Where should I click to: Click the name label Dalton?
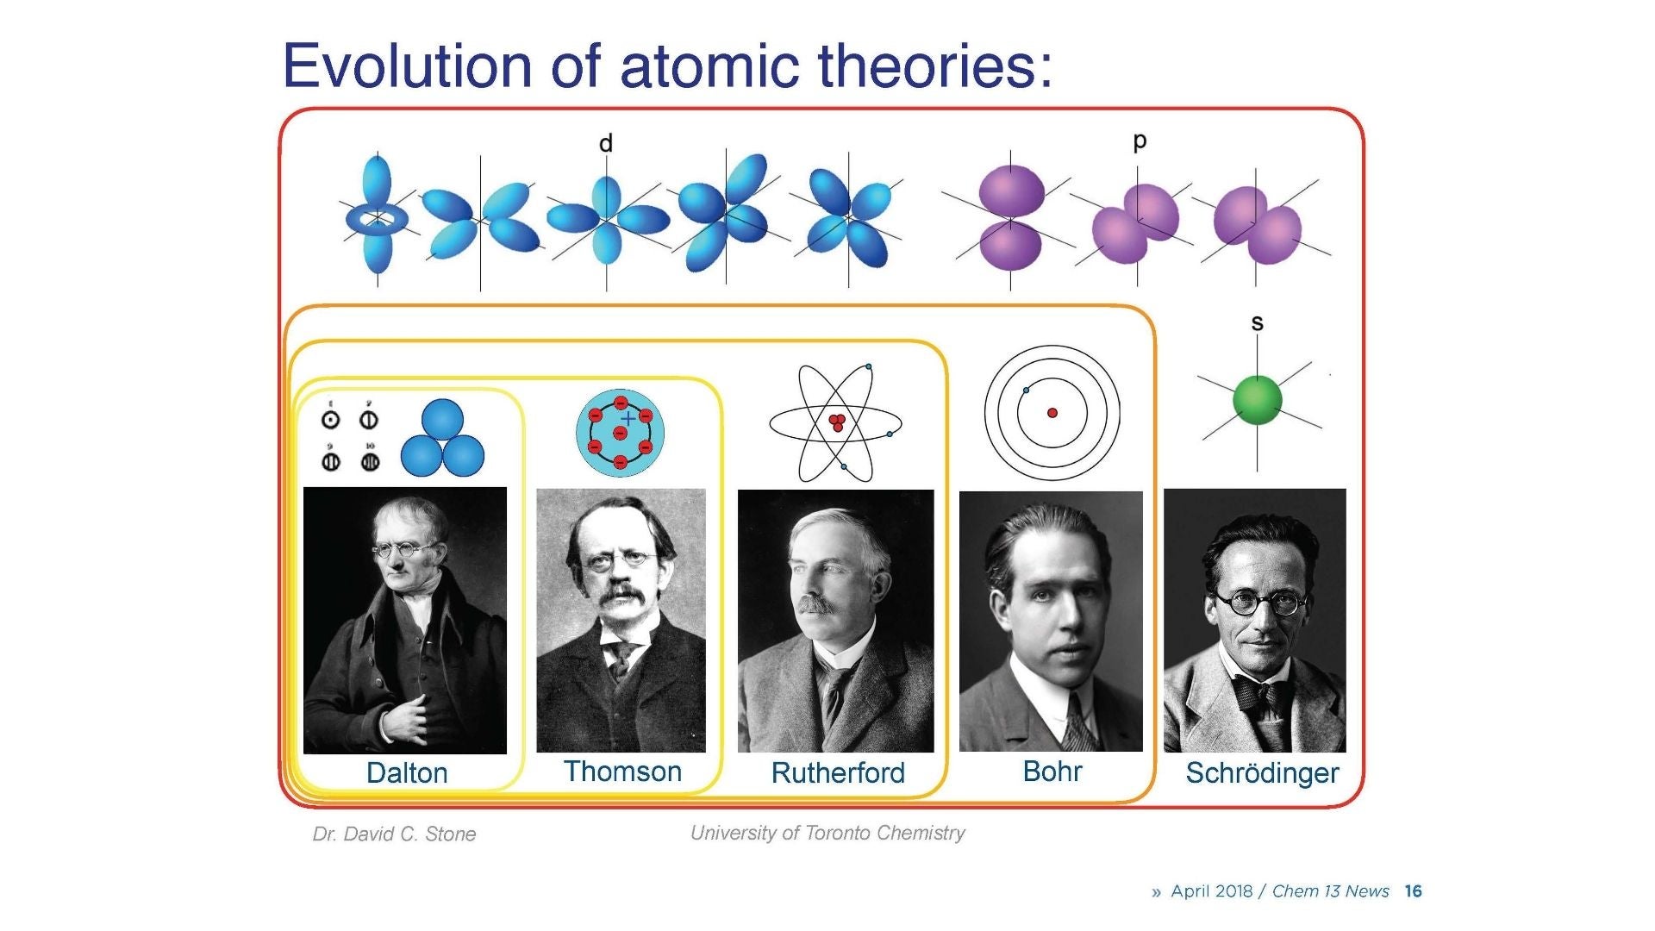[407, 772]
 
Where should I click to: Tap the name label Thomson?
[622, 772]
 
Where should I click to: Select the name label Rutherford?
[838, 773]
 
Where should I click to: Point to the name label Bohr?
[1052, 771]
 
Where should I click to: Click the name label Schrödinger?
[1262, 773]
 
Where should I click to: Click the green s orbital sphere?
[1258, 401]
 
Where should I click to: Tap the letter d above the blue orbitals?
[606, 144]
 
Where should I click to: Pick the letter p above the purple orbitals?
[1140, 141]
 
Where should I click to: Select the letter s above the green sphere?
[1257, 323]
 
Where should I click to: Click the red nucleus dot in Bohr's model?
[1052, 413]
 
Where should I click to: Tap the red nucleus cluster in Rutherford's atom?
[836, 422]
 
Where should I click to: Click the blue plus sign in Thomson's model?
[629, 419]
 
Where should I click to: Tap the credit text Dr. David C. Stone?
[394, 834]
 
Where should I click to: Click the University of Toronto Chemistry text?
[827, 833]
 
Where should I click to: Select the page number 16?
[1413, 891]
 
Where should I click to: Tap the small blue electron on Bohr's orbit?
[1026, 391]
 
